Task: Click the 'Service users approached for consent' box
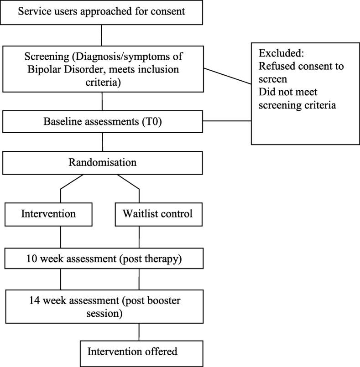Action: click(101, 11)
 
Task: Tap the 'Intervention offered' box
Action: click(139, 351)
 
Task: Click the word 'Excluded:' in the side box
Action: click(278, 52)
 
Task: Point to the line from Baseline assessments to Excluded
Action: click(227, 121)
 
